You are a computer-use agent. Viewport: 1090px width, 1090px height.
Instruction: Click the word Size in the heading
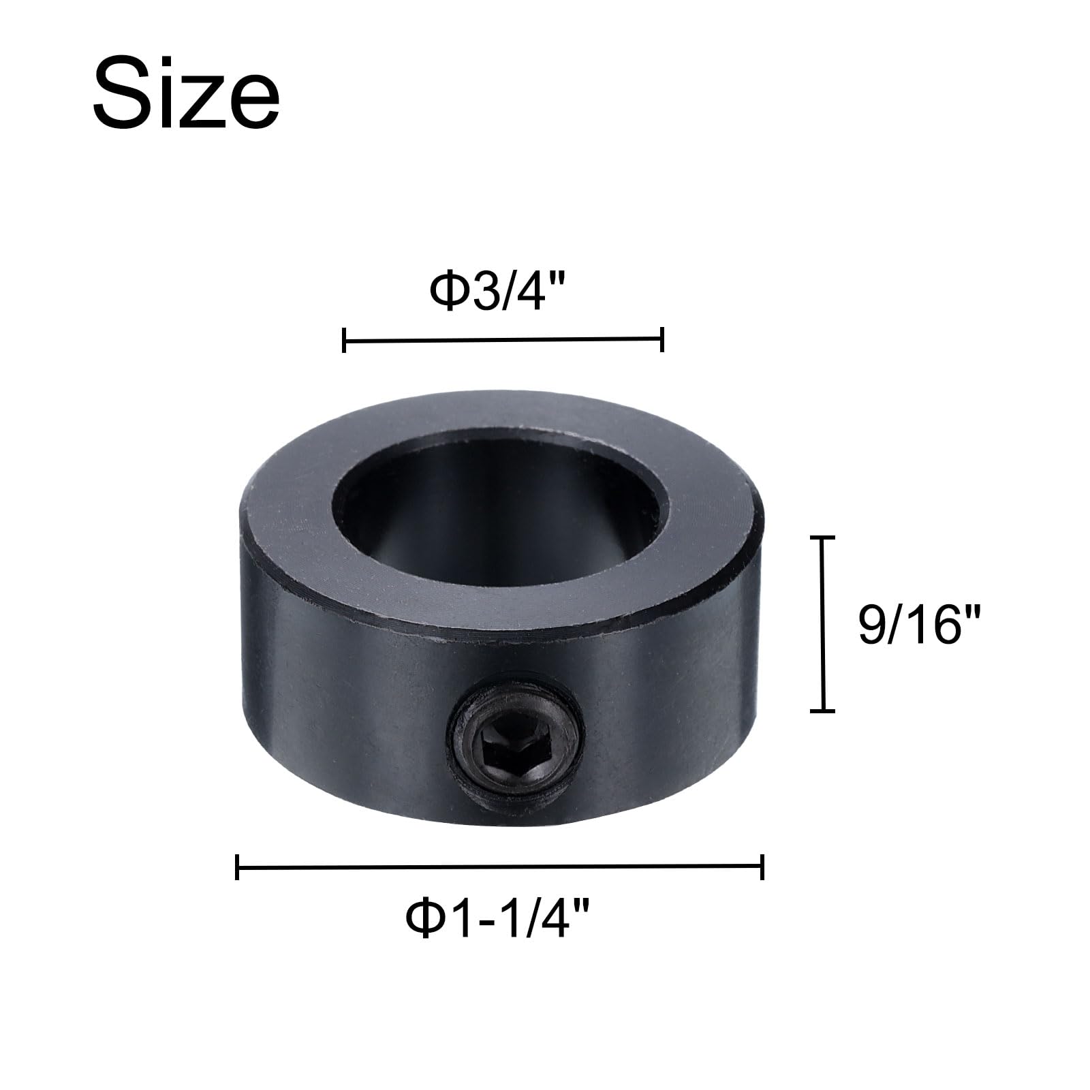click(186, 94)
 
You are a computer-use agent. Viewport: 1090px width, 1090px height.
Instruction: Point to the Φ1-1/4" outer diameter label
click(497, 919)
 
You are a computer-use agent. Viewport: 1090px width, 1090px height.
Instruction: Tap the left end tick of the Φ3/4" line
click(345, 339)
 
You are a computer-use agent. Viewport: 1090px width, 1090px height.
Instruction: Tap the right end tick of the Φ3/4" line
click(661, 339)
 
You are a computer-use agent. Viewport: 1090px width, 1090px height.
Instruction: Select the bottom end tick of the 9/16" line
click(822, 711)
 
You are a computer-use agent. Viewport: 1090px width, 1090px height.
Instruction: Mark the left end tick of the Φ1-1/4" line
click(237, 867)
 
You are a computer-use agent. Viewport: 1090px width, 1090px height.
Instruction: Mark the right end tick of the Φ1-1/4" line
click(762, 867)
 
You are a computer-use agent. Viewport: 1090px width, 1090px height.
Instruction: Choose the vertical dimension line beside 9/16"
click(822, 625)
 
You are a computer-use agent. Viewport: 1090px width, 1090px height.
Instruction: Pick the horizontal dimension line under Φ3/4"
click(503, 339)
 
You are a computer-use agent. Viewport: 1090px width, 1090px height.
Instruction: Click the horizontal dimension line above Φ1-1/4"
click(499, 867)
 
